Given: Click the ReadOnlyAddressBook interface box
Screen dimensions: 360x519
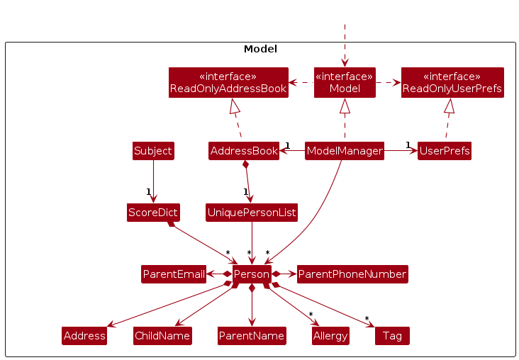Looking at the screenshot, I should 228,82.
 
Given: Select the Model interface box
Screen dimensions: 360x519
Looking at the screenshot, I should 345,82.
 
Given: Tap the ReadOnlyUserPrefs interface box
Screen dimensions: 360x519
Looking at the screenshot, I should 452,82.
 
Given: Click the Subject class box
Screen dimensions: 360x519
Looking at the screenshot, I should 153,151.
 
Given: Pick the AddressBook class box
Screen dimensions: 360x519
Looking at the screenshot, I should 244,151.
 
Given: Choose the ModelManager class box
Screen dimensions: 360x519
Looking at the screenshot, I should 345,151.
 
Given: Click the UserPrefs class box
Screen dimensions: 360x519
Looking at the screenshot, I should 445,151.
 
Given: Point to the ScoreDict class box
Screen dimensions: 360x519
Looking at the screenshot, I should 153,212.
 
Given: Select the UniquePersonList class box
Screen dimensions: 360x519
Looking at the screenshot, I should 252,212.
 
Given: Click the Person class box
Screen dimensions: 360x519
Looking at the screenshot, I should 252,274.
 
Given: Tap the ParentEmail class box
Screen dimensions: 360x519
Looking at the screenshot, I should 174,274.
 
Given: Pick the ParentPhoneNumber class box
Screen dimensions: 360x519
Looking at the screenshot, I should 352,274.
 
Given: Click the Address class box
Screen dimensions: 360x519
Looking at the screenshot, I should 84,336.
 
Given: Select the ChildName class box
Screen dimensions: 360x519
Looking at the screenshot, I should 162,336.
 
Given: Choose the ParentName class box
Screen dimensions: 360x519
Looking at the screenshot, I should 252,336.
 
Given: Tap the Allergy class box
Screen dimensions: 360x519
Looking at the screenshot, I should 330,336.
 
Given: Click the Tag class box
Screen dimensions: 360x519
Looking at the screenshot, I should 392,336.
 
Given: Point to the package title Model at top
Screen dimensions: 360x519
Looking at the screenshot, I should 260,50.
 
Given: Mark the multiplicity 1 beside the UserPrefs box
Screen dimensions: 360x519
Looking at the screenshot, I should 408,145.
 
